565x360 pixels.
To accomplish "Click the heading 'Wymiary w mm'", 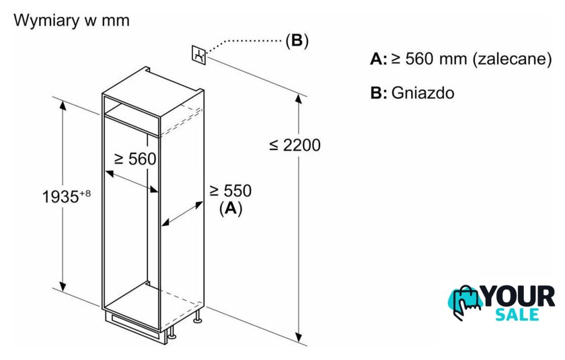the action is [71, 20].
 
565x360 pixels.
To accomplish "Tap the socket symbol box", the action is [198, 55].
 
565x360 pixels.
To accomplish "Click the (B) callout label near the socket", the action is [297, 40].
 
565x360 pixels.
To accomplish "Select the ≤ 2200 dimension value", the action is [295, 145].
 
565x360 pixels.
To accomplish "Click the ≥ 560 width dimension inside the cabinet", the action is [135, 159].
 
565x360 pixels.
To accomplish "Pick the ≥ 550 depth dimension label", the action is [231, 190].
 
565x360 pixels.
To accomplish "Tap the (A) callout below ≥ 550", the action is [231, 208].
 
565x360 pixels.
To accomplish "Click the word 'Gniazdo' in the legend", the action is [422, 93].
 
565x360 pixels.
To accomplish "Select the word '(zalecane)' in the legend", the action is [512, 59].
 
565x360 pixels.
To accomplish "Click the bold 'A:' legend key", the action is [379, 59].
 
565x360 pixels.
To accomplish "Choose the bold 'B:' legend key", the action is [379, 93].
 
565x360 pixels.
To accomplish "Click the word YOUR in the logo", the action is [518, 296].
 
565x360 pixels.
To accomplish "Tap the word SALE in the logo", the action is [517, 315].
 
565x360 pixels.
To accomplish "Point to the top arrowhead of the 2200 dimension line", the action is [299, 98].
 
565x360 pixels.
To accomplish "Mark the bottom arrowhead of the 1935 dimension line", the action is [63, 286].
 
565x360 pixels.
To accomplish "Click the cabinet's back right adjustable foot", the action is [197, 316].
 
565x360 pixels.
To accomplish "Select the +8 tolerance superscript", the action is [85, 194].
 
